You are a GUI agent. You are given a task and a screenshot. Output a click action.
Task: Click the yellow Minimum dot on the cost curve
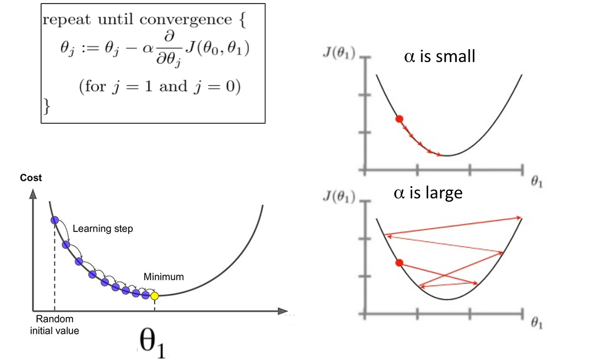point(154,296)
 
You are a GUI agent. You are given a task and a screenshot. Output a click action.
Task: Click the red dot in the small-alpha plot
point(399,119)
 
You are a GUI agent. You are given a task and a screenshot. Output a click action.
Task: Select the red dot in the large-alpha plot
point(399,263)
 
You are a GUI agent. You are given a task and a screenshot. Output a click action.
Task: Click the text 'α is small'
point(439,56)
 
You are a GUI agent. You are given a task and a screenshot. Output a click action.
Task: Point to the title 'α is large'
point(428,193)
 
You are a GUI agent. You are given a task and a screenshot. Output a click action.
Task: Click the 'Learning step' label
point(103,229)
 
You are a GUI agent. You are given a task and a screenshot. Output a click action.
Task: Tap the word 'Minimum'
point(164,276)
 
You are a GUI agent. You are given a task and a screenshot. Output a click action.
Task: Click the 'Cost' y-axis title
point(31,178)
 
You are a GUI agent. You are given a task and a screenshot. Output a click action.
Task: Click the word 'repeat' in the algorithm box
point(66,20)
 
